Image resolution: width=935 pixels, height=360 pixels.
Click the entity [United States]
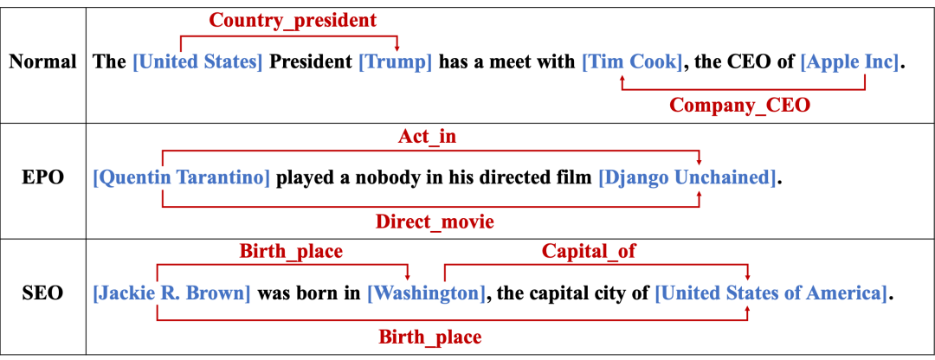[x=197, y=62]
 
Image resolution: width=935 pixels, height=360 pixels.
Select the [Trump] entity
[x=395, y=62]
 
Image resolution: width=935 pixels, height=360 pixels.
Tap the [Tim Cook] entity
[x=632, y=62]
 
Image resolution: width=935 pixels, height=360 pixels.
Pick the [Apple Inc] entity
[x=849, y=62]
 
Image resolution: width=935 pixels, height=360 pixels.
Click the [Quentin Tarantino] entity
[x=181, y=177]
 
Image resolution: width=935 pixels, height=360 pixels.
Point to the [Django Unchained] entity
[x=687, y=177]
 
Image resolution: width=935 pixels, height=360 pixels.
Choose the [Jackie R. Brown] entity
[x=171, y=293]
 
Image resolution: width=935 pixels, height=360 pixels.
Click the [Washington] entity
[x=426, y=293]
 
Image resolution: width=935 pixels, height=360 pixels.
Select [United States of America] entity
[x=771, y=293]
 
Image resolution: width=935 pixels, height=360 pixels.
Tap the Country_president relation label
[x=293, y=20]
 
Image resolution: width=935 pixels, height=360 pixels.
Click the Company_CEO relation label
[x=739, y=106]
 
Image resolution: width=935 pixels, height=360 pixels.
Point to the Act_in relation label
[x=427, y=136]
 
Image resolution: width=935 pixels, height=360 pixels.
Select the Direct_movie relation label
[x=435, y=222]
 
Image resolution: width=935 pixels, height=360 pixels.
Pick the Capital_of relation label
[x=589, y=251]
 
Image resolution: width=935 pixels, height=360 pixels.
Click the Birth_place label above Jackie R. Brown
[x=291, y=251]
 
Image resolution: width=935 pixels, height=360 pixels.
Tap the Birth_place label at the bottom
[x=429, y=337]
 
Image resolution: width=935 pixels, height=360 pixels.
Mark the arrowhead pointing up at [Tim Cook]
[x=622, y=79]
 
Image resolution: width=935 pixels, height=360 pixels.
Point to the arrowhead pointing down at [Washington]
[x=408, y=276]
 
